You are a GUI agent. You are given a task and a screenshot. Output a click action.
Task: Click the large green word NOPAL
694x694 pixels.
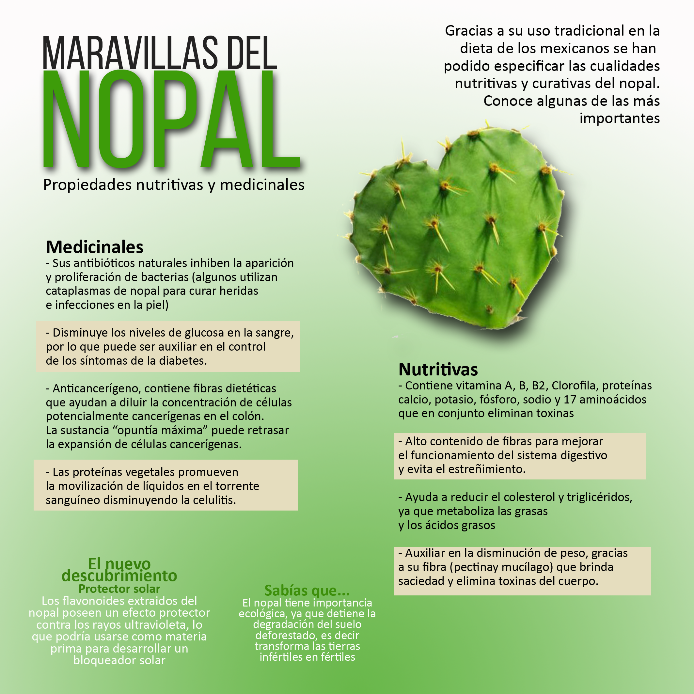click(171, 118)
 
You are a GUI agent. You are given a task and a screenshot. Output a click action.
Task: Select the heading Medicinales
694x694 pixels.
click(94, 247)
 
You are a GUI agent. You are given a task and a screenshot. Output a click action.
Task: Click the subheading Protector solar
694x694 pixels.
click(119, 589)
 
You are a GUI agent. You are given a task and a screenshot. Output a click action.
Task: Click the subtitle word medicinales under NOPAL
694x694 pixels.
click(262, 185)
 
